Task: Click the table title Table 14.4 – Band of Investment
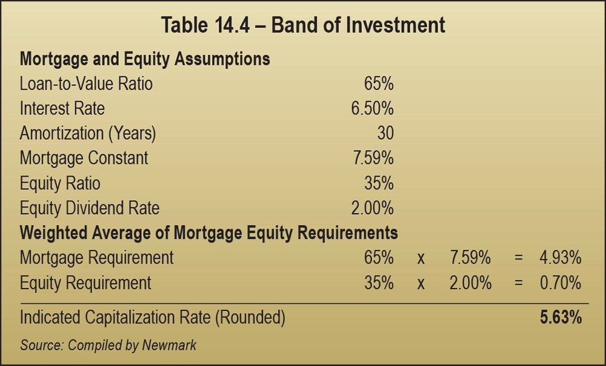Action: tap(303, 25)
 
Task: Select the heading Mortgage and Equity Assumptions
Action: tap(145, 59)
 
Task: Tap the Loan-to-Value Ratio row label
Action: tap(86, 83)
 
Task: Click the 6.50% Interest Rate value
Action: tap(372, 108)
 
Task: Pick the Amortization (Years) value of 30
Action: tap(385, 133)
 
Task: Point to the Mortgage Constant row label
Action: tap(84, 158)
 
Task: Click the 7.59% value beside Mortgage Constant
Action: tap(372, 158)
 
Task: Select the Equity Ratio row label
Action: tap(60, 183)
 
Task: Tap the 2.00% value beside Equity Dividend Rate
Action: tap(372, 208)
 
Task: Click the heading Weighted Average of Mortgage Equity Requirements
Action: tap(208, 233)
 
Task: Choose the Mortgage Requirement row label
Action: tap(96, 258)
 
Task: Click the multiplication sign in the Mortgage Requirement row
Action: tap(421, 258)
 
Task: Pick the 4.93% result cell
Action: tap(561, 258)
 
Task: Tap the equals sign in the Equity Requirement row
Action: tap(518, 283)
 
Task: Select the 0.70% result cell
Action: tap(561, 283)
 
